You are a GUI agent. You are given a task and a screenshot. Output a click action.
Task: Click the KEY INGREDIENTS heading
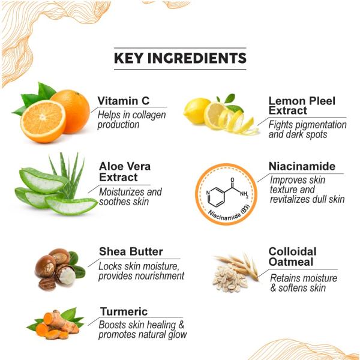[x=180, y=58]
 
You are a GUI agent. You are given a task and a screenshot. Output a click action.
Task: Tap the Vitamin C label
[x=123, y=101]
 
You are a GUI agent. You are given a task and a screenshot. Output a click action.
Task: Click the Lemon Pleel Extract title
[x=301, y=106]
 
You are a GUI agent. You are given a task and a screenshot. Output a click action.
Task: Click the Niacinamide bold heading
[x=302, y=166]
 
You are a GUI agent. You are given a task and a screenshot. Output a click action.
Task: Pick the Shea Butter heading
[x=130, y=251]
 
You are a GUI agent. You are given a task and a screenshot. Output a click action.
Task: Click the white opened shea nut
[x=64, y=275]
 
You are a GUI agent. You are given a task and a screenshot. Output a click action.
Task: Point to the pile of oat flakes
[x=229, y=278]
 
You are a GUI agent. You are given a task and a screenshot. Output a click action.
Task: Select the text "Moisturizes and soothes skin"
[x=130, y=197]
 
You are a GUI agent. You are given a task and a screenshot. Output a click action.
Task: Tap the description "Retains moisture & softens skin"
[x=303, y=283]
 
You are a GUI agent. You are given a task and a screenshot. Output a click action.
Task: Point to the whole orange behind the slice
[x=72, y=108]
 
